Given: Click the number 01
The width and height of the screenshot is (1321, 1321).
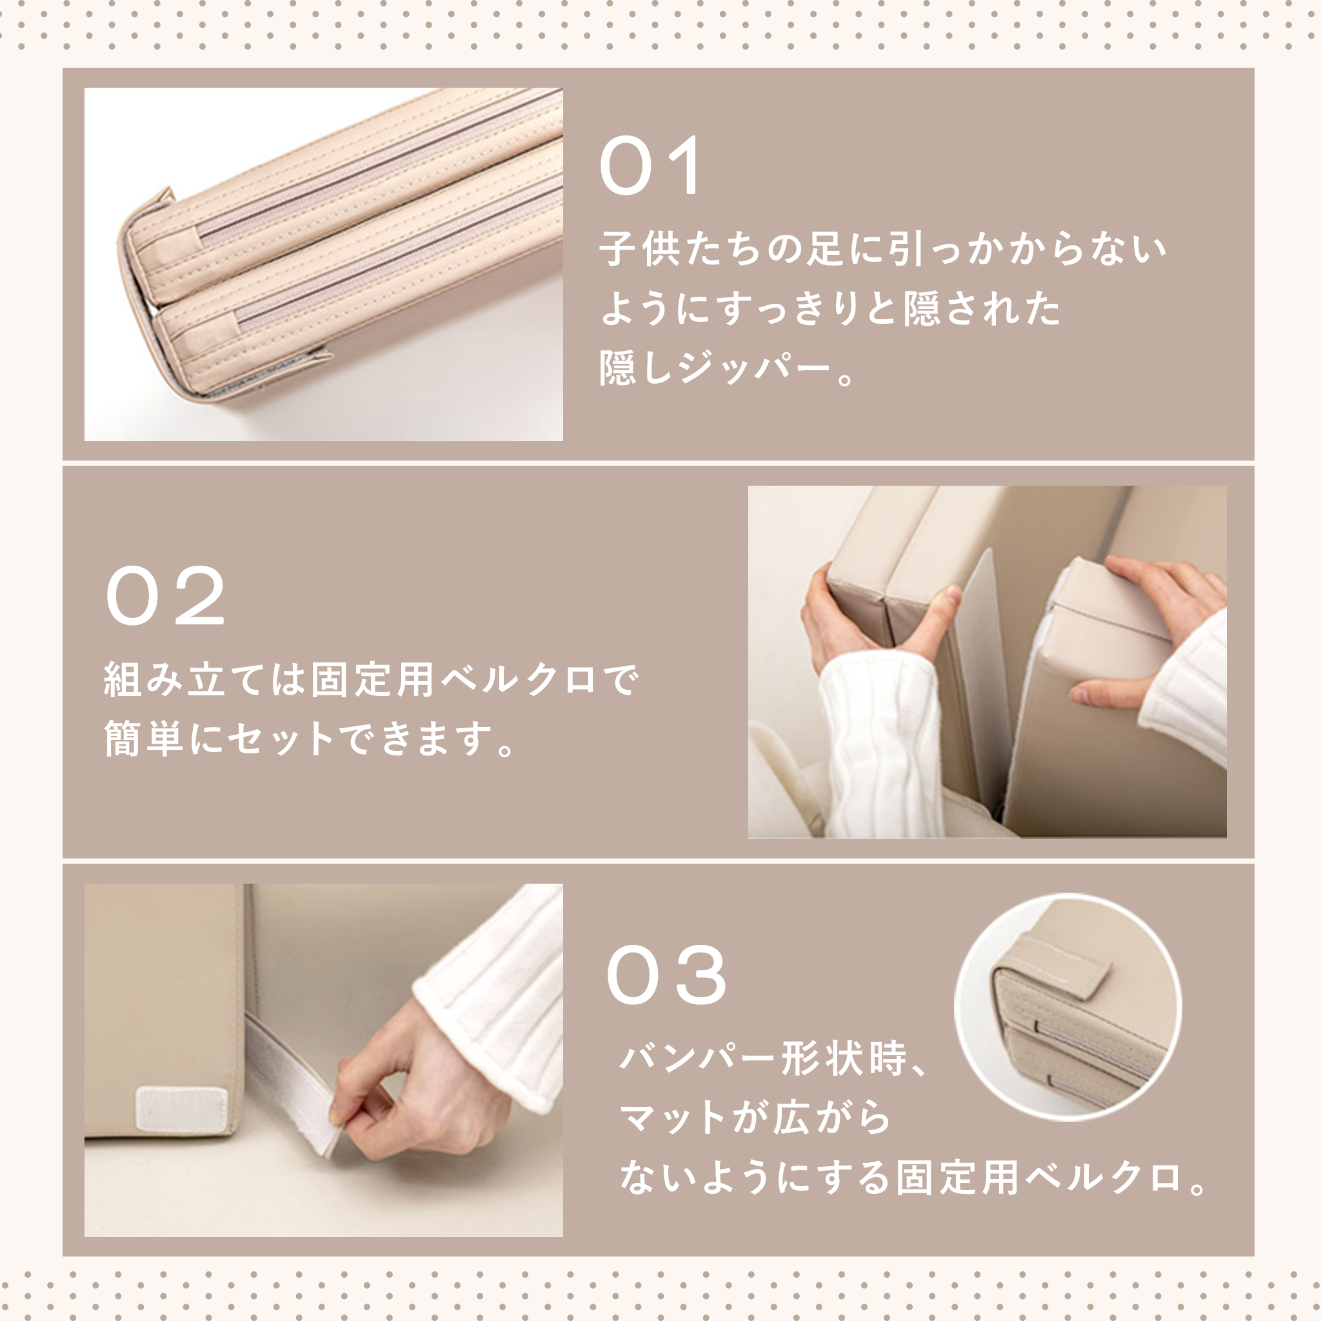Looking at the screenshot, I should click(651, 166).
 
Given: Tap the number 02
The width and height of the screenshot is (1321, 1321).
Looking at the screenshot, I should click(166, 595).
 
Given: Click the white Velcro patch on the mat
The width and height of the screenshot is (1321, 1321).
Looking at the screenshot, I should click(182, 1108).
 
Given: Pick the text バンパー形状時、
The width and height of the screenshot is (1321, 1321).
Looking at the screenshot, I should click(773, 1058).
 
